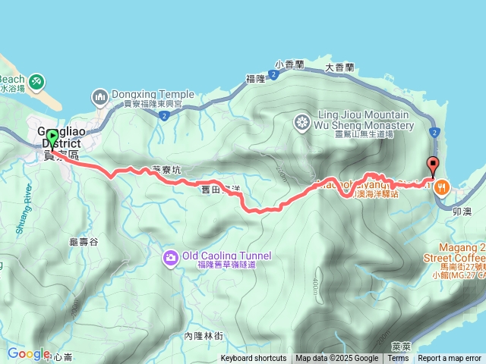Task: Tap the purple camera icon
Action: pos(171,258)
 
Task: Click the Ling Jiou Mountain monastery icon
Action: pos(302,122)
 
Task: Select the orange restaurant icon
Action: pos(443,186)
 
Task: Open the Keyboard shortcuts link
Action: pos(254,359)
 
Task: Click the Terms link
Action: pos(398,359)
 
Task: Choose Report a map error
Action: pos(450,359)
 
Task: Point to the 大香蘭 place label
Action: pos(339,67)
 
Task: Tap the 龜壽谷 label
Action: pos(84,242)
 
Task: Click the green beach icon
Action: pos(37,81)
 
